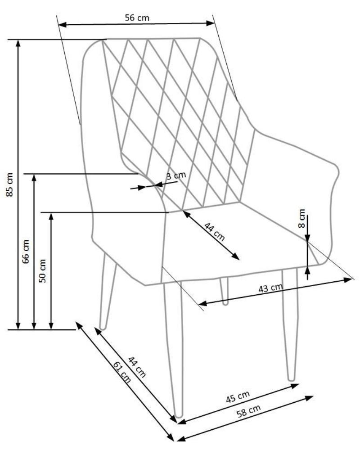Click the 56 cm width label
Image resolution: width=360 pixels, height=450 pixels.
coord(137,18)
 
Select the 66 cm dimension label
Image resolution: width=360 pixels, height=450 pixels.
coord(27,251)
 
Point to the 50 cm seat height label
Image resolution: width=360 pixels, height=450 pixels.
coord(43,270)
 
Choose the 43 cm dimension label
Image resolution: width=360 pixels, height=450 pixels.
coord(271,288)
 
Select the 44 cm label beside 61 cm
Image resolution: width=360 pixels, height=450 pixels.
coord(137,366)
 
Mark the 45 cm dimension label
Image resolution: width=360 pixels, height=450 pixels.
coord(237,397)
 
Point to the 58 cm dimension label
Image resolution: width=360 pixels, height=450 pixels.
coord(248,411)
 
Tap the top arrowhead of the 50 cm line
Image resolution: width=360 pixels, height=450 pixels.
coord(51,215)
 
